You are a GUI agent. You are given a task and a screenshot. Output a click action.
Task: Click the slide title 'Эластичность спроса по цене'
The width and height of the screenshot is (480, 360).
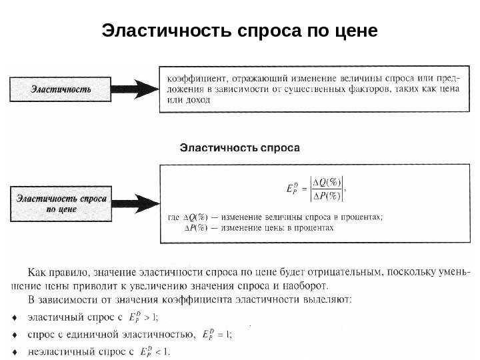[x=239, y=31]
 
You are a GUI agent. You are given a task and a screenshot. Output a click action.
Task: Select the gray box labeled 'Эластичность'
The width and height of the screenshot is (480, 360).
[x=59, y=89]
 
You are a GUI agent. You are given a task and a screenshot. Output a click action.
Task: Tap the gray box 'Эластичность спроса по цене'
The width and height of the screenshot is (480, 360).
[x=60, y=203]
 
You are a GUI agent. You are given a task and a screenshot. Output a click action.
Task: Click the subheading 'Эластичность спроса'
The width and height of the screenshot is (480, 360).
[x=241, y=147]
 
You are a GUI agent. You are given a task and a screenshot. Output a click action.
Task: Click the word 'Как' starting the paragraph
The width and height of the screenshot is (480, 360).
[x=37, y=272]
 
